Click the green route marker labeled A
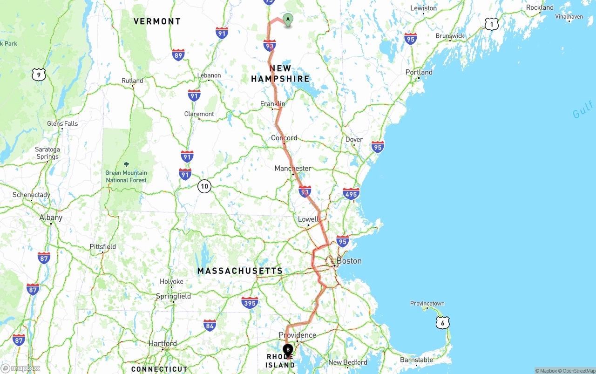coord(288,20)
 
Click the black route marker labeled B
coord(288,349)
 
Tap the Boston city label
coord(349,261)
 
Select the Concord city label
coord(284,138)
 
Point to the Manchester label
coord(293,168)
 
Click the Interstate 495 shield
coord(351,194)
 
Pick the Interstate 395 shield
coord(250,302)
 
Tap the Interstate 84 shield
coord(210,325)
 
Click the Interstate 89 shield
coord(178,54)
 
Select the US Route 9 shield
coord(39,74)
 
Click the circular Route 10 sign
coord(204,186)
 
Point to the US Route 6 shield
coord(443,322)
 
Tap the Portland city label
coord(419,72)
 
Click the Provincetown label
coord(427,303)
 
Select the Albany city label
coord(51,218)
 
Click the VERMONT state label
coord(157,21)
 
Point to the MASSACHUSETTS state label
coord(240,271)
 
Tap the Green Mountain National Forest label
coord(126,176)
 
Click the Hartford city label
coord(163,343)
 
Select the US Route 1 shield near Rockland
coord(491,24)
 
